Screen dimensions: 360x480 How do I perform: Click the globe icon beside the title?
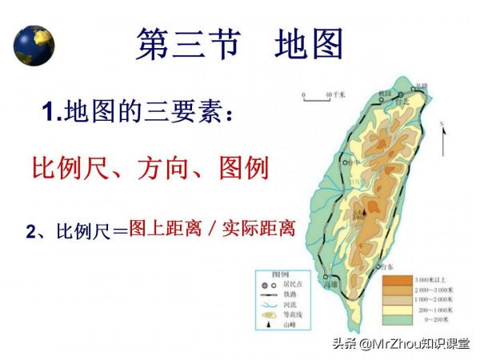coord(34,45)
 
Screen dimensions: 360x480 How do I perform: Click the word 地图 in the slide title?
coord(308,43)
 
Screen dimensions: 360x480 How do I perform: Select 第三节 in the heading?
coord(189,43)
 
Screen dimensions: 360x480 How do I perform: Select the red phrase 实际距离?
coord(258,230)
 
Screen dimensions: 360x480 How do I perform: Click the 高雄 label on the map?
coord(329,284)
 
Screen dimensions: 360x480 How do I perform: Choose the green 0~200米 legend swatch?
coord(394,319)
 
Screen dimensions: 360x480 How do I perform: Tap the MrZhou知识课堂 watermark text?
coord(417,346)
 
